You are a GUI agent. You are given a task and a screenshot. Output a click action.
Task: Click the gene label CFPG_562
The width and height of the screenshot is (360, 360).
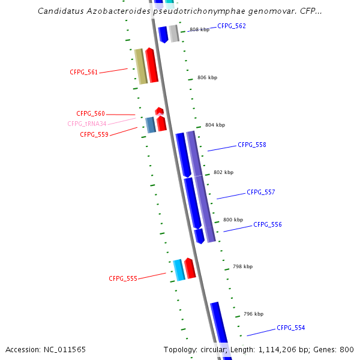coord(232,26)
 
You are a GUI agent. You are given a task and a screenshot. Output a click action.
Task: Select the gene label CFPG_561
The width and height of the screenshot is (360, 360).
coord(84,72)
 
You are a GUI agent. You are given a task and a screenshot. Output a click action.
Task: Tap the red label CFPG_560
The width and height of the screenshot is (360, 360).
coord(91,113)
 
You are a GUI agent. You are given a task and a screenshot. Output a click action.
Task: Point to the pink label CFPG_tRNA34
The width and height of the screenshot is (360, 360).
coord(87,124)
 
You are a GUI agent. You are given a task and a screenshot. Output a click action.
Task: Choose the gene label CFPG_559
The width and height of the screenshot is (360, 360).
coord(94,134)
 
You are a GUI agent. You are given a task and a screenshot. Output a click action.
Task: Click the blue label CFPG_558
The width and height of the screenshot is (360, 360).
coord(252,145)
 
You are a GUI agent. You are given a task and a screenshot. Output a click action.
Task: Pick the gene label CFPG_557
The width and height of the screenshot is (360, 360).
coord(261,192)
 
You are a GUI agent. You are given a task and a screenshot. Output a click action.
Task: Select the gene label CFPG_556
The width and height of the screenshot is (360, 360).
coord(268,224)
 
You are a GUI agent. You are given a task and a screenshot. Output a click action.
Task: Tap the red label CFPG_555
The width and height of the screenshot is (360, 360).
coord(123,278)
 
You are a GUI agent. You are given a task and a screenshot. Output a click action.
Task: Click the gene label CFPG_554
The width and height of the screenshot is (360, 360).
coord(291,328)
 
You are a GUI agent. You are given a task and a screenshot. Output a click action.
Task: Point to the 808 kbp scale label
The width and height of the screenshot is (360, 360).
coord(199,29)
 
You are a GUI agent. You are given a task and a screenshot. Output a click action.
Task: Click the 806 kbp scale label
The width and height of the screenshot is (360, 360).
coord(207,77)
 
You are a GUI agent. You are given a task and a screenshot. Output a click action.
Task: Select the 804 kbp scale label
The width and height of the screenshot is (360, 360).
coord(215,125)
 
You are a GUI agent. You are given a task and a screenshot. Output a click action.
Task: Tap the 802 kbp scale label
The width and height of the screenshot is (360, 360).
coord(223,172)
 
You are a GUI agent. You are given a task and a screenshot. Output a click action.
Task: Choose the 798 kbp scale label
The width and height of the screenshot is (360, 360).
coord(242,266)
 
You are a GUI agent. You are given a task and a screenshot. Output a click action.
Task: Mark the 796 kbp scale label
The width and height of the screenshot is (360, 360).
coord(253,314)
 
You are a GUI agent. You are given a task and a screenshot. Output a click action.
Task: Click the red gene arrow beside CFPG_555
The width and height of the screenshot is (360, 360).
coord(190,268)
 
